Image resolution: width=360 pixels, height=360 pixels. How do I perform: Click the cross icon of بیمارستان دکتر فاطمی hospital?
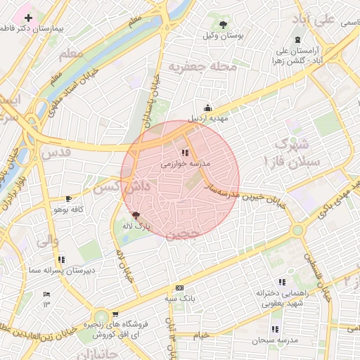[x=28, y=17]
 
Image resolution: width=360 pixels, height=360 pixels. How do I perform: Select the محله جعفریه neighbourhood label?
[x=198, y=67]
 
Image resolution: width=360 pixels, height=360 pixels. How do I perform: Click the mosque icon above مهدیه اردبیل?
[x=207, y=108]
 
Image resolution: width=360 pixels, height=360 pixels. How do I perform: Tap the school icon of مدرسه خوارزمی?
[x=185, y=152]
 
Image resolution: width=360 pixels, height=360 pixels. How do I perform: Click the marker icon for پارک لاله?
[x=136, y=215]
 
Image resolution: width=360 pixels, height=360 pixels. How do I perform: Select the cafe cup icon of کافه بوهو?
[x=68, y=199]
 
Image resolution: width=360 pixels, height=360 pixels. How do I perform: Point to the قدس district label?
[x=55, y=152]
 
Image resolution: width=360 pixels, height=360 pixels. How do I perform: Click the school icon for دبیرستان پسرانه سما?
[x=62, y=259]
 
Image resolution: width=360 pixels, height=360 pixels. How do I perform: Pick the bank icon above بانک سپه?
[x=179, y=288]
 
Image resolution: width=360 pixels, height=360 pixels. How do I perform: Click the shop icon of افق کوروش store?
[x=115, y=314]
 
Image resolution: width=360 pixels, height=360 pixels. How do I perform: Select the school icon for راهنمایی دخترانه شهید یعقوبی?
[x=282, y=281]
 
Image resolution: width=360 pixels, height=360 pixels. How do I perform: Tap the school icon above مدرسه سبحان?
[x=274, y=329]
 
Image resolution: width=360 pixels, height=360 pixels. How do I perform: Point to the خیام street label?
[x=202, y=335]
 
